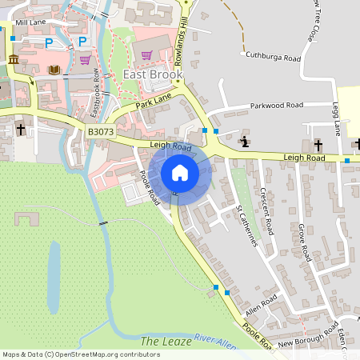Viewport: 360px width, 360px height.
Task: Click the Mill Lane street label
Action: tap(31, 23)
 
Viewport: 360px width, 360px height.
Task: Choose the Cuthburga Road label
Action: tap(273, 58)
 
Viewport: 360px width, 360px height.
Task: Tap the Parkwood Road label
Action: tap(277, 105)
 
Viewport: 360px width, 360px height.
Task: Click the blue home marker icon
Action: tap(179, 172)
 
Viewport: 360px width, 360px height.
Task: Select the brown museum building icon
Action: tap(14, 60)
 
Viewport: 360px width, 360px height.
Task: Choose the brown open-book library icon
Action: tap(54, 70)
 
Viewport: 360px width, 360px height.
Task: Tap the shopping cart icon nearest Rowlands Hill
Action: tap(146, 54)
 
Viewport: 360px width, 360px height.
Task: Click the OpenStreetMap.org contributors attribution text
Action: tap(104, 354)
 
